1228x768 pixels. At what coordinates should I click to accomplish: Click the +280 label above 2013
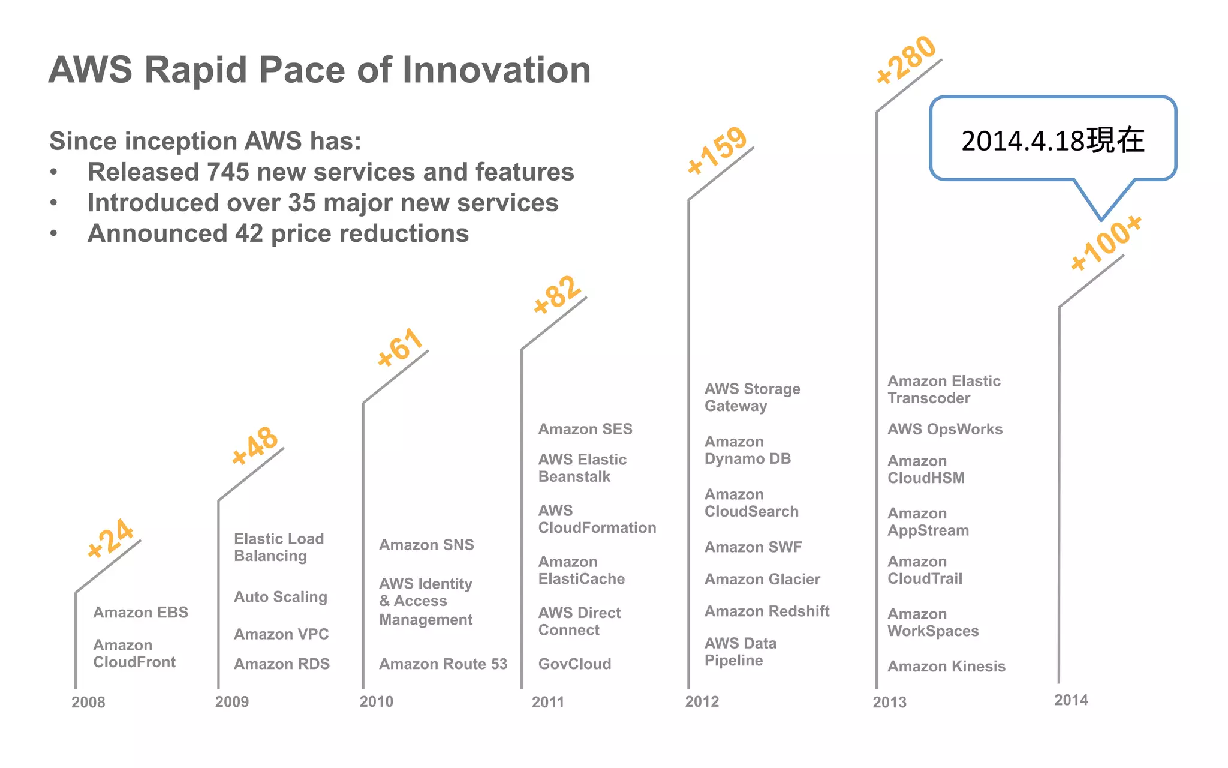tap(906, 59)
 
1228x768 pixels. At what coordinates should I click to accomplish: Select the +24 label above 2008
tap(110, 538)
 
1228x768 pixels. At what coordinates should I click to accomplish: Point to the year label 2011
tap(547, 702)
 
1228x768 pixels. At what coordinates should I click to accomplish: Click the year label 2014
tap(1071, 700)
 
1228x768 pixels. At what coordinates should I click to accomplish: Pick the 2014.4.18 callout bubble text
tap(1052, 140)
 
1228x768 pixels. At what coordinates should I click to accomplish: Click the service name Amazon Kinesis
tap(946, 666)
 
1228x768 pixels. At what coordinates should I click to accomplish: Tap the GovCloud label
tap(574, 664)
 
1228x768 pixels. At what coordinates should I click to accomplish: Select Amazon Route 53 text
tap(443, 664)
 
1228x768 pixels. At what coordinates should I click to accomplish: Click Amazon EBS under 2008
tap(140, 612)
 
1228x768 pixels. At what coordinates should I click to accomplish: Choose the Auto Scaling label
tap(281, 596)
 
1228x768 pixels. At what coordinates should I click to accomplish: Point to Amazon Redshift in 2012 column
tap(767, 611)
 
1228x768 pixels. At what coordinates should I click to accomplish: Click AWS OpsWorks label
tap(945, 429)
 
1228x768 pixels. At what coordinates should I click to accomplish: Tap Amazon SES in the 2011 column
tap(585, 429)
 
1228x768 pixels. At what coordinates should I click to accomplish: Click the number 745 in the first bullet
tap(228, 172)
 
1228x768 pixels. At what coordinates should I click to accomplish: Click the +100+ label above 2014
tap(1106, 242)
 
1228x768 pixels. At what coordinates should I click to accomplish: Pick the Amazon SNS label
tap(426, 545)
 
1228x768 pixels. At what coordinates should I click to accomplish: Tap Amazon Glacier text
tap(762, 579)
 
